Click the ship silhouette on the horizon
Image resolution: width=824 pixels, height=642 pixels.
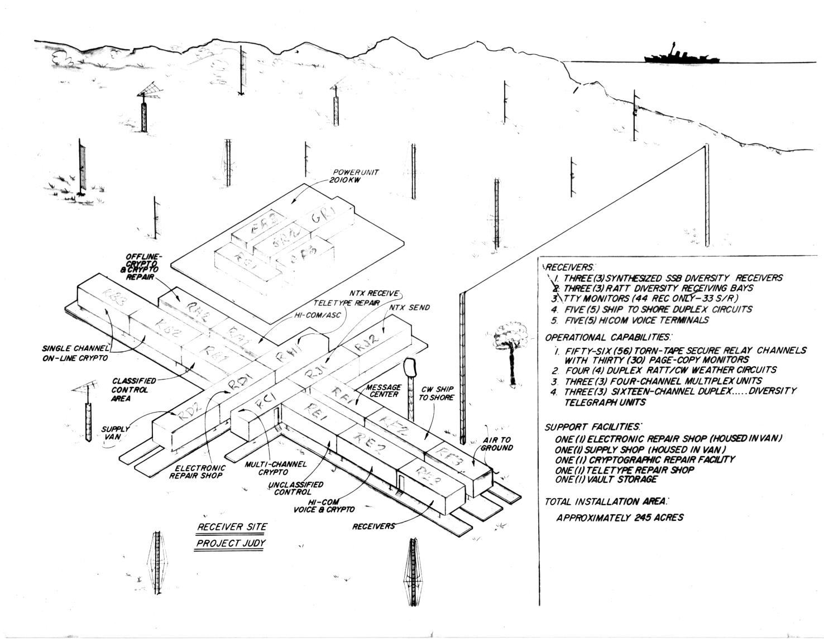coord(681,56)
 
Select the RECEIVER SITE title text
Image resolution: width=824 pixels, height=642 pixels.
coord(232,527)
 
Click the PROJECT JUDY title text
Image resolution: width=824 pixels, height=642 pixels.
coord(231,543)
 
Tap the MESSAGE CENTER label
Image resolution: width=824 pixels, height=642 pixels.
coord(383,391)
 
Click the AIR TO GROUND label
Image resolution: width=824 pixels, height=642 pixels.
coord(497,444)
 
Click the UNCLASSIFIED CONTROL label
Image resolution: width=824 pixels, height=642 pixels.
coord(296,488)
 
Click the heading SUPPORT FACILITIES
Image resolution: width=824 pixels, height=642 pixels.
coord(592,427)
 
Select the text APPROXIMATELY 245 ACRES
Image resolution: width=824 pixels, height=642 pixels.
coord(620,518)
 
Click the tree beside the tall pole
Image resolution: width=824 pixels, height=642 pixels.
coord(510,341)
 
